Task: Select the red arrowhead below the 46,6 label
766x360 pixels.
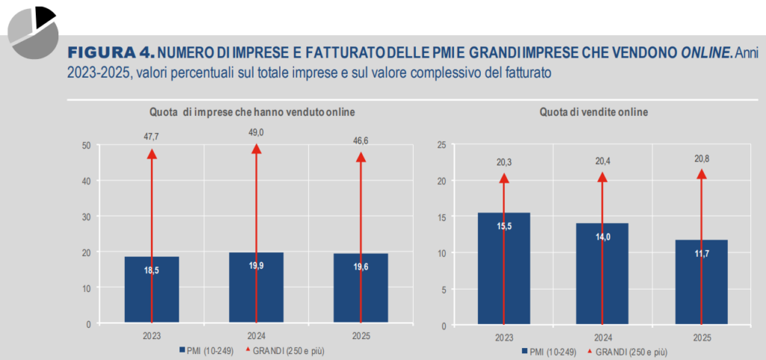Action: pyautogui.click(x=361, y=157)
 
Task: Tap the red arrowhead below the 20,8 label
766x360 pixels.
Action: pyautogui.click(x=701, y=174)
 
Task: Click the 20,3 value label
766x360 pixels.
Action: pyautogui.click(x=503, y=161)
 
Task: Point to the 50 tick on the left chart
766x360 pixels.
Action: pyautogui.click(x=87, y=144)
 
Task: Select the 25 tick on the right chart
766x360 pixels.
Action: pyautogui.click(x=441, y=144)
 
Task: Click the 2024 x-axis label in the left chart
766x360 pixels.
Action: pyautogui.click(x=256, y=336)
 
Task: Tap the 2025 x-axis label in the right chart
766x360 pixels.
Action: pyautogui.click(x=701, y=337)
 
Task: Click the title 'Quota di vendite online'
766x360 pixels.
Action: pyautogui.click(x=595, y=112)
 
